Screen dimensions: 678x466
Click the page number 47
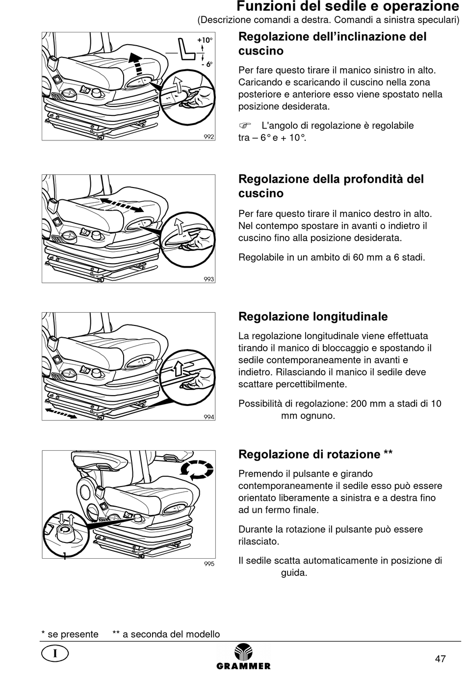tap(440, 658)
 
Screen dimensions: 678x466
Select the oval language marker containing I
tap(55, 653)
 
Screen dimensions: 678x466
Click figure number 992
tap(209, 136)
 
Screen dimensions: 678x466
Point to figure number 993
tap(209, 279)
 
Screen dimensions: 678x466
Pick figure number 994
tap(209, 417)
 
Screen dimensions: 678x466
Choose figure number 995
tap(209, 564)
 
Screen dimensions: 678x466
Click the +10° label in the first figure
tap(205, 40)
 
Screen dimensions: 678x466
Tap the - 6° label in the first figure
tap(206, 64)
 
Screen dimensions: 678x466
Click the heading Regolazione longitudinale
tap(313, 317)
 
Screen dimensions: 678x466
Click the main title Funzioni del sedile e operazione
tap(348, 7)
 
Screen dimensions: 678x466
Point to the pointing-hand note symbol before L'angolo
tap(245, 126)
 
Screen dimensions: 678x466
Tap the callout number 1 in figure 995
tap(64, 556)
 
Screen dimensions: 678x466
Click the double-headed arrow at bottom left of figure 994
tap(61, 412)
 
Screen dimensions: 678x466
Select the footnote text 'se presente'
tap(73, 634)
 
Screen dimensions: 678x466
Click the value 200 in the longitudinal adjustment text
tap(359, 404)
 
